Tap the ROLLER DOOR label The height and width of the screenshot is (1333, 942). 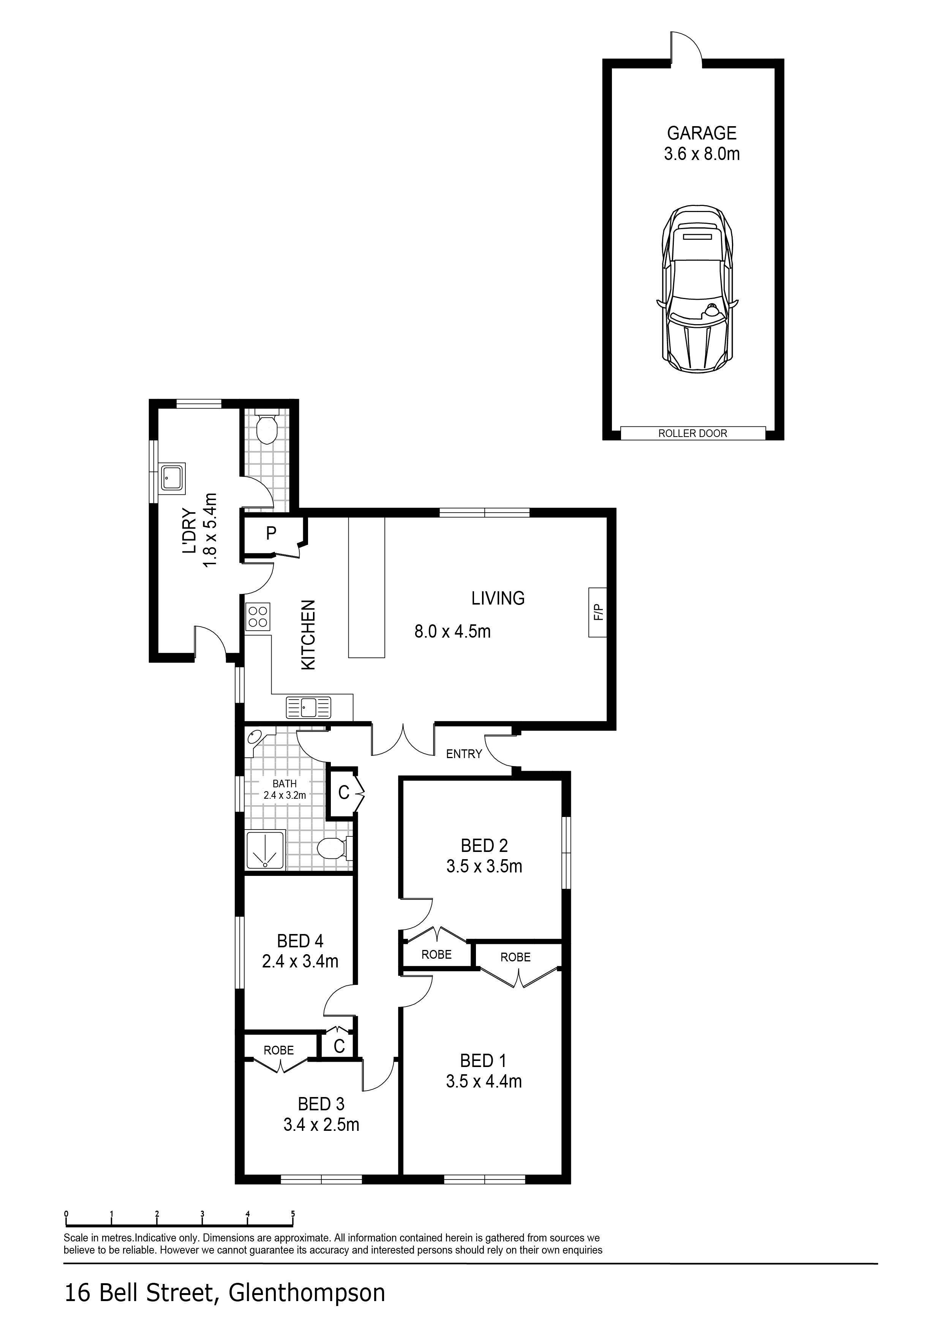(692, 433)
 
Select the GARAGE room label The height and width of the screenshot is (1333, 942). (701, 133)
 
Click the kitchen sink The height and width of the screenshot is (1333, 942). (308, 707)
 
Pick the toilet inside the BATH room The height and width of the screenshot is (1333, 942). (335, 848)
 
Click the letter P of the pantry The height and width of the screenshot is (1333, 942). (271, 533)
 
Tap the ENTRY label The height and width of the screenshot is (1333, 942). (464, 754)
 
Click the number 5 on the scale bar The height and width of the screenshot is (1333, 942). (293, 1213)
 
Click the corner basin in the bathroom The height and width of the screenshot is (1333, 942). (255, 738)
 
